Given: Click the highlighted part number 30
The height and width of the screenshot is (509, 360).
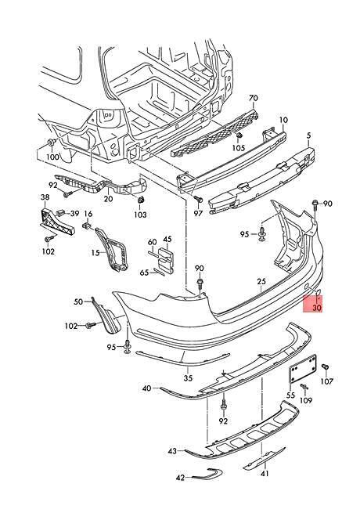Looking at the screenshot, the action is click(x=317, y=307).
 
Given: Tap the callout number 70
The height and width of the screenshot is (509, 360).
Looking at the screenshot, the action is click(x=254, y=98).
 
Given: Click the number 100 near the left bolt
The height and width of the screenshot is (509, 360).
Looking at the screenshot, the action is click(x=52, y=157).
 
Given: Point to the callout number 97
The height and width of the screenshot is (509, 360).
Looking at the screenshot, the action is click(x=198, y=213).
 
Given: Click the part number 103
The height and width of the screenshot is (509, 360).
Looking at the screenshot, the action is click(x=140, y=215).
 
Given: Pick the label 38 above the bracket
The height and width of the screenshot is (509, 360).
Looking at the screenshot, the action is click(x=45, y=197).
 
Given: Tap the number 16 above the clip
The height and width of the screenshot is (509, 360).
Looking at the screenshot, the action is click(x=88, y=214).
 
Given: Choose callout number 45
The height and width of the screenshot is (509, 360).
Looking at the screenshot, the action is click(x=167, y=240).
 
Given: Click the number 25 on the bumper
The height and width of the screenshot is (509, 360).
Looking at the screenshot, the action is click(x=261, y=281).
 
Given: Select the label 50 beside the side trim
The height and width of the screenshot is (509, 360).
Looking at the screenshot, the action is click(x=78, y=301).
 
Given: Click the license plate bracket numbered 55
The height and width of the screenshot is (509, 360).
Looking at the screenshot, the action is click(x=302, y=370).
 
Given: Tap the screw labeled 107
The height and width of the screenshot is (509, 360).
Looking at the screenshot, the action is click(x=324, y=366).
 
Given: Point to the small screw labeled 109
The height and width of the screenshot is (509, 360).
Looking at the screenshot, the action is click(x=304, y=387).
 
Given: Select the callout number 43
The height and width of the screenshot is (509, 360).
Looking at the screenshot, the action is click(x=172, y=451).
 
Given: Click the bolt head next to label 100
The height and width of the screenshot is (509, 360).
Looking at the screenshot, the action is click(x=51, y=143).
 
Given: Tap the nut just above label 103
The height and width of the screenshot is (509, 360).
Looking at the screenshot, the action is click(x=141, y=200).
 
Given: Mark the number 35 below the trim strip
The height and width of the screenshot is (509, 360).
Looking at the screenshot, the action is click(x=188, y=378).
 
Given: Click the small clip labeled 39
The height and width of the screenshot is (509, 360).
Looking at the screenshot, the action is click(x=59, y=213).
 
